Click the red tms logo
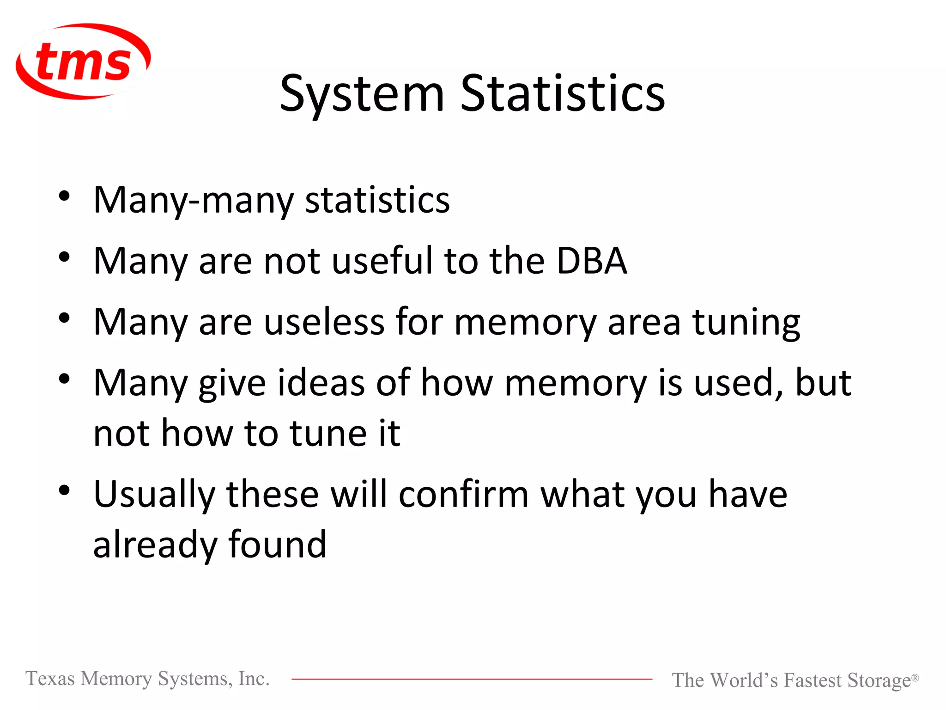pos(83,61)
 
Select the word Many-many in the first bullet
pos(193,201)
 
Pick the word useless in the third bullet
pos(324,322)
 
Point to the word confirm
pos(463,494)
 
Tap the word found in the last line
pos(277,545)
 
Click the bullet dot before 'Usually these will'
pos(64,490)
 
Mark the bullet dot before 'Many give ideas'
pos(64,379)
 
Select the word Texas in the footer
pos(50,679)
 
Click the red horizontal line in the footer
pos(471,679)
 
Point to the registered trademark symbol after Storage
pos(915,677)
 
